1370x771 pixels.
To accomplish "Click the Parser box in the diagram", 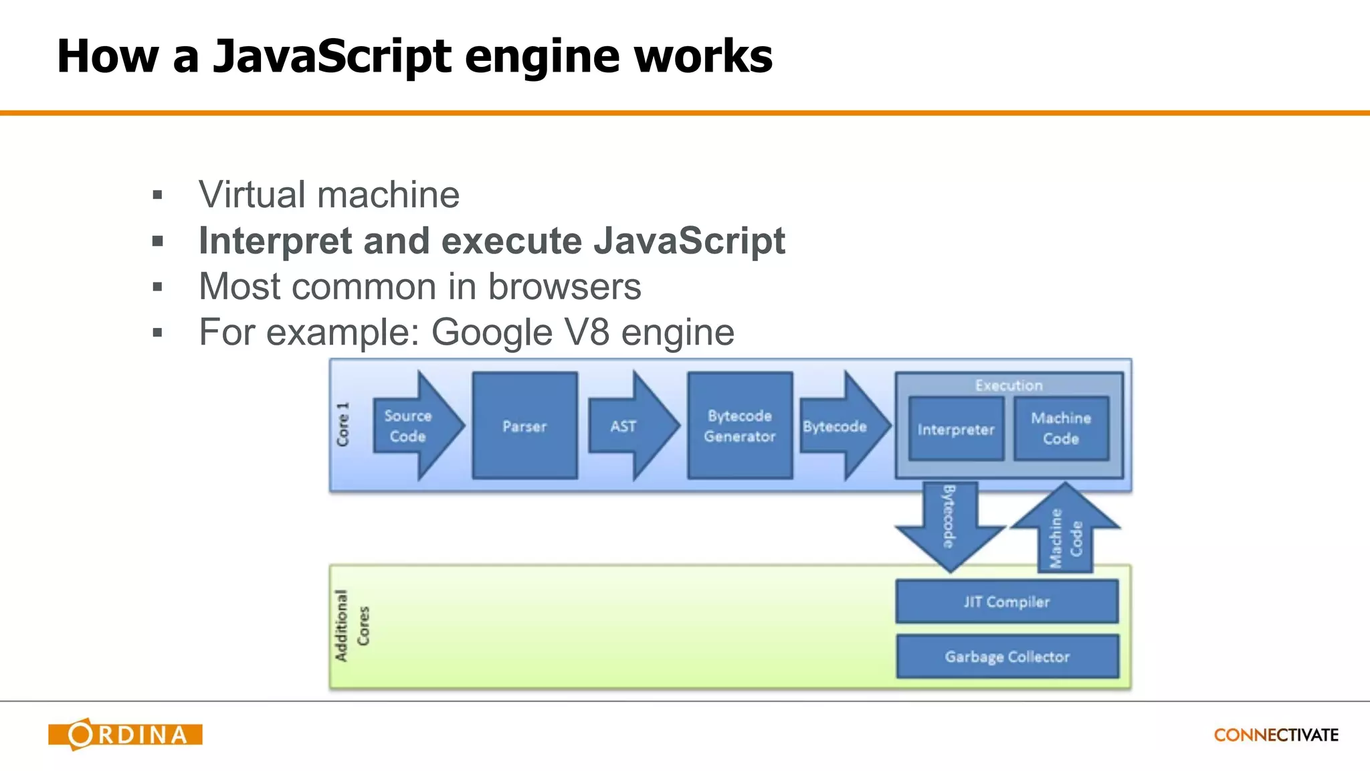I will coord(524,426).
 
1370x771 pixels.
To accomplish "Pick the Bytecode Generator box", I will coord(740,426).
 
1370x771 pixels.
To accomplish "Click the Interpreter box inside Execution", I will coord(956,429).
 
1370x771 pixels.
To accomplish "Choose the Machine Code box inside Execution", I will coord(1061,428).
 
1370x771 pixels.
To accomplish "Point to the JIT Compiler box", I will coord(1007,602).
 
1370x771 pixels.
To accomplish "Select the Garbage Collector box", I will coord(1007,657).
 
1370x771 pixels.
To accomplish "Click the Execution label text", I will coord(1009,385).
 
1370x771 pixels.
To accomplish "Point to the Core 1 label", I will coord(343,425).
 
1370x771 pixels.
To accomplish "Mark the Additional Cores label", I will coord(351,626).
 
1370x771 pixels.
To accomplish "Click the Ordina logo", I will coord(125,734).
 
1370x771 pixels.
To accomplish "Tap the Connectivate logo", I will coord(1276,735).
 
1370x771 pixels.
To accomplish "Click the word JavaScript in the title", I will coord(332,56).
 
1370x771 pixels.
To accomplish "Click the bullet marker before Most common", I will coord(158,288).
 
